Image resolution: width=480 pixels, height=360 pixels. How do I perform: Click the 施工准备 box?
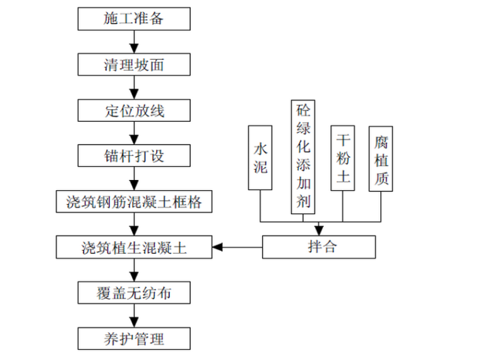(x=133, y=18)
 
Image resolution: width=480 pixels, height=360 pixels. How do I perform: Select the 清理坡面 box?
(x=133, y=64)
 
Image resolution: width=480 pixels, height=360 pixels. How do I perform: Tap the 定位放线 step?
(x=133, y=110)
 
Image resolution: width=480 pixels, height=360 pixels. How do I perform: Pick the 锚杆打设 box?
(x=133, y=155)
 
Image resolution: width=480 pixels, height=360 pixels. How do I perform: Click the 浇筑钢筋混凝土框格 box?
(x=133, y=201)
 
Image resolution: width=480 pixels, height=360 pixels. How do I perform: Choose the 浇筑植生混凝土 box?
(x=133, y=247)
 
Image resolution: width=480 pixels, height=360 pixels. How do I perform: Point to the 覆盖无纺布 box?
(x=133, y=292)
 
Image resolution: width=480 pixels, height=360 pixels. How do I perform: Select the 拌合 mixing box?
(x=319, y=247)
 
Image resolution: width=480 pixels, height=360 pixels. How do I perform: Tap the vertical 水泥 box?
(x=261, y=158)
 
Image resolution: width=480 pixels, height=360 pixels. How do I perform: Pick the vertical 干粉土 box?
(x=343, y=158)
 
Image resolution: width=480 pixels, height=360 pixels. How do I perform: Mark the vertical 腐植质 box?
(x=381, y=158)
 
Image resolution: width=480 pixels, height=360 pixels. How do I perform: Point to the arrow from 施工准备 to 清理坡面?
(x=133, y=42)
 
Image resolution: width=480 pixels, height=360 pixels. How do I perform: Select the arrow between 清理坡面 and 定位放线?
(x=133, y=87)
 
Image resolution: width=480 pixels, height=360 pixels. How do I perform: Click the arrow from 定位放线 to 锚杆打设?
(x=133, y=133)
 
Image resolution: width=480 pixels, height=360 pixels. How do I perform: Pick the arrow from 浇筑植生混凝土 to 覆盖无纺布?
(x=133, y=270)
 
